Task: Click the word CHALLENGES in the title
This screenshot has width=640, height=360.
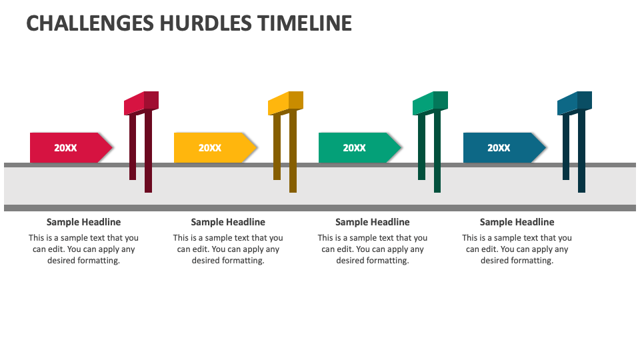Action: [x=90, y=23]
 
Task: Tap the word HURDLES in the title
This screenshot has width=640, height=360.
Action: [x=206, y=23]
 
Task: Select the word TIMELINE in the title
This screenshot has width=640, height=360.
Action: [x=305, y=23]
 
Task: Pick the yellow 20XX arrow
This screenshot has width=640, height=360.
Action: [x=215, y=148]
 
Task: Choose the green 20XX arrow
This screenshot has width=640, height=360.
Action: [x=360, y=148]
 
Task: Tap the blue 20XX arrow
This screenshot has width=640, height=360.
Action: [x=505, y=148]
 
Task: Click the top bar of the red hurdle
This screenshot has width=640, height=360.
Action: [x=141, y=103]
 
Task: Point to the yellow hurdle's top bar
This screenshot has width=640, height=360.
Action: [x=286, y=103]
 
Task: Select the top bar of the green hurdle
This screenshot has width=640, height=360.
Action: [x=430, y=103]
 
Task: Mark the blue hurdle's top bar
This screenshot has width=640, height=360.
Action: [x=575, y=103]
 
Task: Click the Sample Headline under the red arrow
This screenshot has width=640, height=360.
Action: [x=84, y=222]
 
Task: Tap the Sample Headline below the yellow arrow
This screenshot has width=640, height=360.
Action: [x=228, y=222]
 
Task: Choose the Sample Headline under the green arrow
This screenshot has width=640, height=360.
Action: [x=373, y=222]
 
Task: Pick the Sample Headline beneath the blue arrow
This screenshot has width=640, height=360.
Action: [x=517, y=222]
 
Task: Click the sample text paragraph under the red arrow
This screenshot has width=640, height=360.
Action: [x=84, y=249]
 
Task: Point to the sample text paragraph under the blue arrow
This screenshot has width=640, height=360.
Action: [x=517, y=249]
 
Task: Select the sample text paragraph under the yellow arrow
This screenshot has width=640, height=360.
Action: [x=228, y=249]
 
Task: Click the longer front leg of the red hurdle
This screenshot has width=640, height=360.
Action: [x=148, y=151]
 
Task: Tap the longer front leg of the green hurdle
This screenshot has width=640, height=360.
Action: [x=437, y=151]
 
